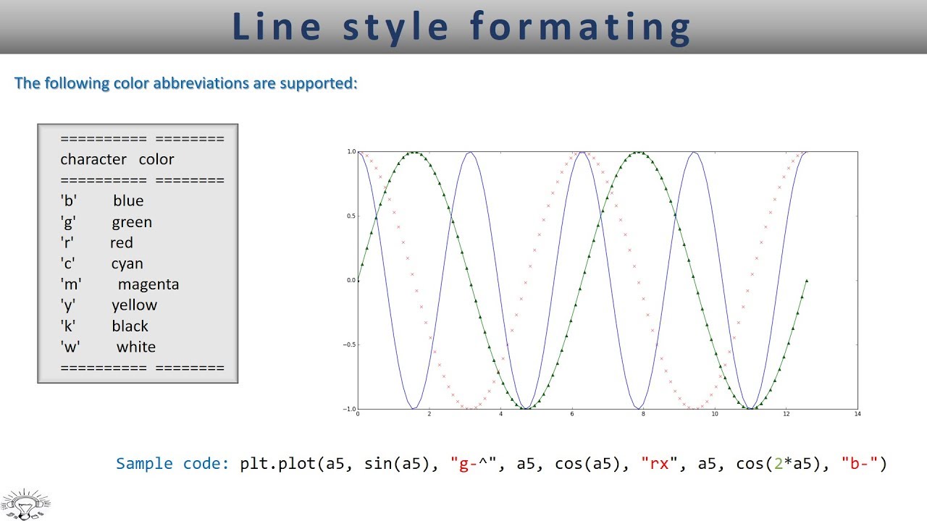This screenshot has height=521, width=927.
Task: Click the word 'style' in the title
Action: [x=395, y=27]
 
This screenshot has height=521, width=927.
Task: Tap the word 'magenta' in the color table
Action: [x=148, y=284]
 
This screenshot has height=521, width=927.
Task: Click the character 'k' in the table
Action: [x=68, y=326]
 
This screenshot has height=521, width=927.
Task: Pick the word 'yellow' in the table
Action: [x=134, y=305]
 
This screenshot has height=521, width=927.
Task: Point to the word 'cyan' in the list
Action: [x=127, y=263]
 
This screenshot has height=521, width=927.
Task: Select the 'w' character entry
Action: [x=70, y=347]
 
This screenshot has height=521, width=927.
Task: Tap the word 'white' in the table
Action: [x=135, y=347]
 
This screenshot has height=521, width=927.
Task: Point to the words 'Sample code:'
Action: [x=173, y=464]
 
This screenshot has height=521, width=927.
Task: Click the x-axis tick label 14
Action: [x=857, y=415]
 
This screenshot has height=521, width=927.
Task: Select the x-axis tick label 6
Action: [x=572, y=415]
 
